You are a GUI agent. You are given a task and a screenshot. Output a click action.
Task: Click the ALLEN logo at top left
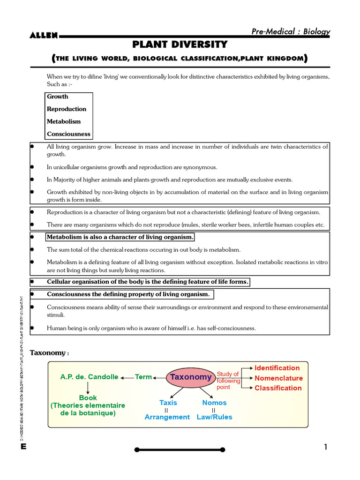[44, 36]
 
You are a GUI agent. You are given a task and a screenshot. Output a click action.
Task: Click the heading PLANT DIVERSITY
[180, 45]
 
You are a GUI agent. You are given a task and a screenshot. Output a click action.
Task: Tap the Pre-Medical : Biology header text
[291, 31]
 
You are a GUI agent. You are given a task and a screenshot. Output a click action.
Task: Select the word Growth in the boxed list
[57, 97]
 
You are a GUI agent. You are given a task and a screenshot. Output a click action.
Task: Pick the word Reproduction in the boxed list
[67, 109]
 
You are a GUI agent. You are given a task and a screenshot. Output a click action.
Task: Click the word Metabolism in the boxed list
[64, 121]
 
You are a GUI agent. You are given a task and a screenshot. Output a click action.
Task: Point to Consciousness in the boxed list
[68, 134]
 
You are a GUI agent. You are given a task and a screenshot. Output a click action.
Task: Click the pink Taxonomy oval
[190, 377]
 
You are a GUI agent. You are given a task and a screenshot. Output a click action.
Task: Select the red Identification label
[277, 368]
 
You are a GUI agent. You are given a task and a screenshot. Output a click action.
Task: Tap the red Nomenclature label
[278, 378]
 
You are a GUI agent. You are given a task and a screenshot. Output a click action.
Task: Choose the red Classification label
[278, 388]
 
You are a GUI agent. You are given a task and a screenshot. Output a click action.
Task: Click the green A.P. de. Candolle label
[89, 377]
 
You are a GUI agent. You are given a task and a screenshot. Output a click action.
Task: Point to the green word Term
[143, 377]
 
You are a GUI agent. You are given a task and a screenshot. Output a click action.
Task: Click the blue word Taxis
[168, 403]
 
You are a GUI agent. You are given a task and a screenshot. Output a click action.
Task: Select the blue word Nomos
[214, 403]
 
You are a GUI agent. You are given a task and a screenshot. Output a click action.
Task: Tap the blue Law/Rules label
[214, 417]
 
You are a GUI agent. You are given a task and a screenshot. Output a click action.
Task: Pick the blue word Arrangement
[167, 417]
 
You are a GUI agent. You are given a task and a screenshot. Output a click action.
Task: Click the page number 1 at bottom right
[325, 447]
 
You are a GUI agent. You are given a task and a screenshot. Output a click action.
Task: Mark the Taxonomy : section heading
[50, 352]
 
